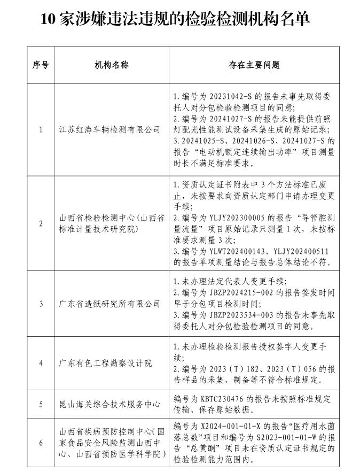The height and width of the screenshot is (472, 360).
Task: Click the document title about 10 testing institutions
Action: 175,19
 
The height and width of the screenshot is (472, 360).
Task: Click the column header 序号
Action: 41,65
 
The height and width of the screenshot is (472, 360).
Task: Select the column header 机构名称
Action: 112,65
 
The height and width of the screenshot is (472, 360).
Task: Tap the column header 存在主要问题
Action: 254,65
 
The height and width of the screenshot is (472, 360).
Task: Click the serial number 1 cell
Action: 41,130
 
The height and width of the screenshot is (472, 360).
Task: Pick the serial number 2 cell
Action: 41,223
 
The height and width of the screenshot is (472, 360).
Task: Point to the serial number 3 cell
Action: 41,304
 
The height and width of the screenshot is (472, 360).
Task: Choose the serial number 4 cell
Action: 41,363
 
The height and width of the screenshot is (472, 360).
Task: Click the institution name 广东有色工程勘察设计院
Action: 105,363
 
